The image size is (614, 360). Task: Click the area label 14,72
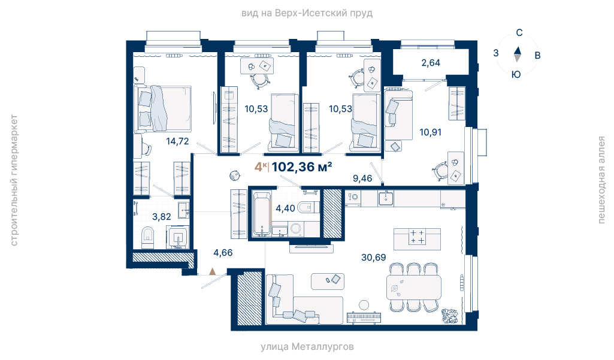(x=177, y=141)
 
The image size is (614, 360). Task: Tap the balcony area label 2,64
(x=431, y=63)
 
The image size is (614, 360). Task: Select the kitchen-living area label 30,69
(x=373, y=258)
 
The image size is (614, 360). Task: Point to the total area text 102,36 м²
(x=302, y=167)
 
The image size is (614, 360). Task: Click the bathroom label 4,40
(x=286, y=208)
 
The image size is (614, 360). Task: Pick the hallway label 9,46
(x=362, y=179)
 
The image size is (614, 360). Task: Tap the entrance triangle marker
(x=212, y=271)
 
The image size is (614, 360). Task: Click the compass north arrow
(x=518, y=50)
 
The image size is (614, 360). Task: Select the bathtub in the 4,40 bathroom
(x=261, y=213)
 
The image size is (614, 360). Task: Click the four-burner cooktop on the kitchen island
(x=417, y=237)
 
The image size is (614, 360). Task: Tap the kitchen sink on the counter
(x=386, y=198)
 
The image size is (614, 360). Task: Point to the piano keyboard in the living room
(x=364, y=317)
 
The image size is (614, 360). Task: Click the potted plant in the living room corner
(x=449, y=316)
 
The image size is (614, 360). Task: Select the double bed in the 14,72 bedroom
(x=162, y=108)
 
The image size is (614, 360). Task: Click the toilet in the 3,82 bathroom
(x=147, y=237)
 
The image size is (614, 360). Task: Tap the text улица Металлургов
(x=307, y=347)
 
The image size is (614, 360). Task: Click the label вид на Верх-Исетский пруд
(x=307, y=13)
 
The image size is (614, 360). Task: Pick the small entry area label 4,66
(x=223, y=253)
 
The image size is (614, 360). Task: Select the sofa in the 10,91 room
(x=398, y=115)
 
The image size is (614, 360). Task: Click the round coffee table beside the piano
(x=364, y=305)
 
